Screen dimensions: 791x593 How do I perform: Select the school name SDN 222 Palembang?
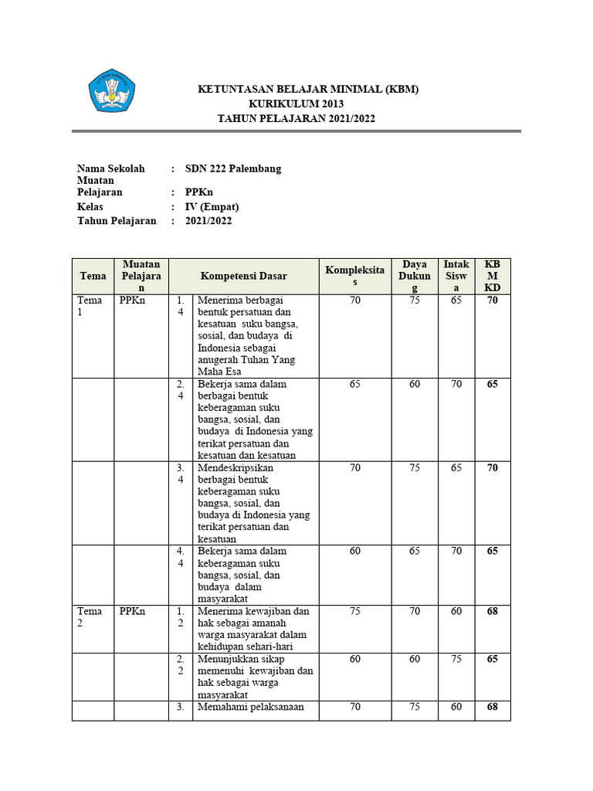point(233,168)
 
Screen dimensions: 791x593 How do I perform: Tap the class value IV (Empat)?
point(212,207)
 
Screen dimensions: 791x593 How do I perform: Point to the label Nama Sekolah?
point(110,168)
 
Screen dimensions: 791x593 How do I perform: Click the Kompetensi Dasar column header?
point(243,276)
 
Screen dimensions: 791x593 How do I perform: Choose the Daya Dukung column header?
point(415,276)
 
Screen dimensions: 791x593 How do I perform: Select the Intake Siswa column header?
point(456,276)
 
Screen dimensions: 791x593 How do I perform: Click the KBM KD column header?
point(492,276)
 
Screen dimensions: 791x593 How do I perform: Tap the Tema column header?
point(93,276)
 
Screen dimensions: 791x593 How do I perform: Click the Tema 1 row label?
point(89,307)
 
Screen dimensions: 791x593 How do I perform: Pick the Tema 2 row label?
point(89,617)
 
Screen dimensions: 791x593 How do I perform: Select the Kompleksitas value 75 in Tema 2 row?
point(354,611)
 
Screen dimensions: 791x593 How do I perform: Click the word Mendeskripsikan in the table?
point(236,467)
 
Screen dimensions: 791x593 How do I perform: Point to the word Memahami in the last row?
point(221,707)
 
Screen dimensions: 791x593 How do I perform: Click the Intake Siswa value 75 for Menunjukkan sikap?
point(456,659)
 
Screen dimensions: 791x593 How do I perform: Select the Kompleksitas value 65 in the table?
point(354,384)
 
